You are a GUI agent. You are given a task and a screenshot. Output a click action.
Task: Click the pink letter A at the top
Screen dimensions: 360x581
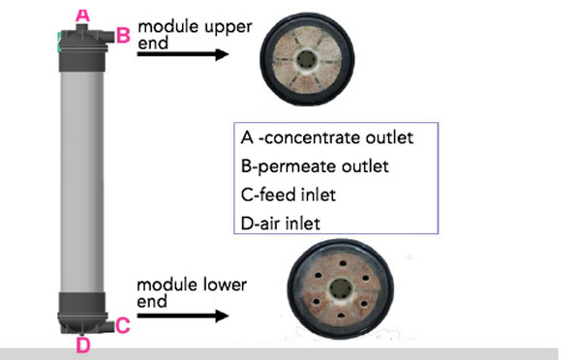(82, 14)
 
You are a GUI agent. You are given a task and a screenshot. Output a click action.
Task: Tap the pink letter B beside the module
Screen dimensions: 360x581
(123, 35)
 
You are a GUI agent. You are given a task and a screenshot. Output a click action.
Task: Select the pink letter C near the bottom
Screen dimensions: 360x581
(122, 326)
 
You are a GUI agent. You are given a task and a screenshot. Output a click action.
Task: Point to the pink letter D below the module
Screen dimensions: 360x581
(82, 345)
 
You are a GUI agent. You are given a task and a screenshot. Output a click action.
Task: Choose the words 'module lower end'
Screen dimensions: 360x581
(191, 292)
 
